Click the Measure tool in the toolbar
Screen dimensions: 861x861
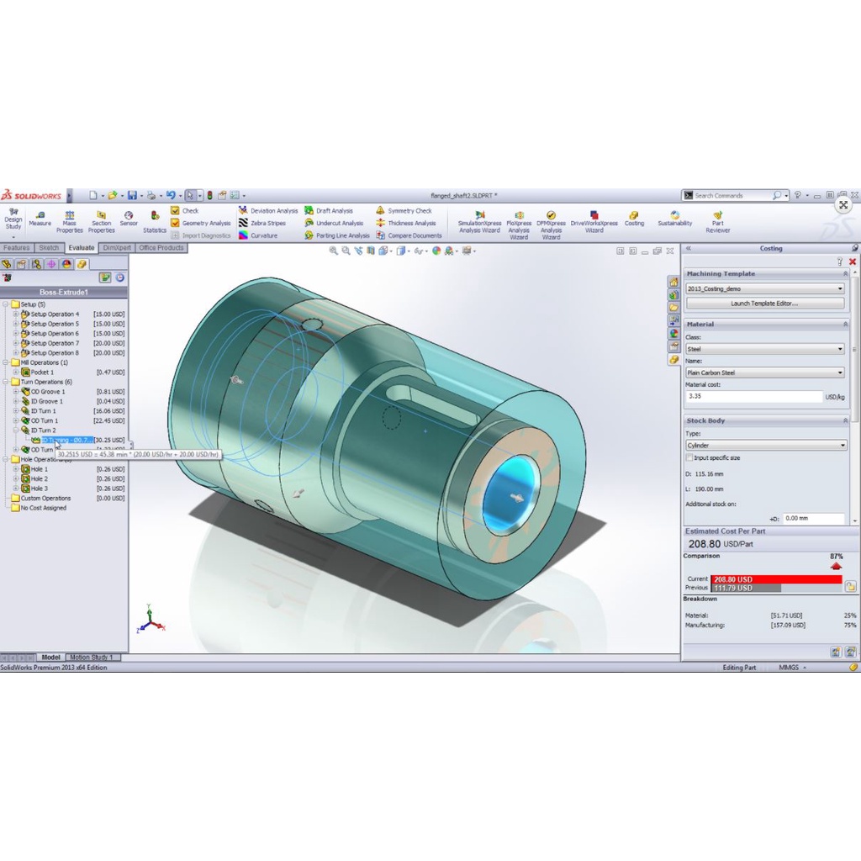coord(40,218)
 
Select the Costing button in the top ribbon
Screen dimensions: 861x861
coord(634,218)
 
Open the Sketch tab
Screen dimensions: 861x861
coord(49,248)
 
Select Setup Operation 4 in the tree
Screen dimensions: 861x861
coord(55,314)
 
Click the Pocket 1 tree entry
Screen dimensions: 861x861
coord(42,372)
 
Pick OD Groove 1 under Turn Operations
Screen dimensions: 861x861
coord(48,392)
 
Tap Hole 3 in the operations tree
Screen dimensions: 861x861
coord(40,489)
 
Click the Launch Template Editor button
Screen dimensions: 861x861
coord(764,304)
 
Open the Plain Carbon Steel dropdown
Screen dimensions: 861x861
coord(764,372)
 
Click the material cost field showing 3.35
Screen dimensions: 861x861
coord(753,396)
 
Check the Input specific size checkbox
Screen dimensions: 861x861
coord(689,458)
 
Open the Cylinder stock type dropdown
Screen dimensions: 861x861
coord(764,446)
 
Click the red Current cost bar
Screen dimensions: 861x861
coord(775,579)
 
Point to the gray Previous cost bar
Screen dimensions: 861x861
coord(732,588)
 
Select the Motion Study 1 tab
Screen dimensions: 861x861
coord(91,658)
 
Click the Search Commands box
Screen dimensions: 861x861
coord(732,196)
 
